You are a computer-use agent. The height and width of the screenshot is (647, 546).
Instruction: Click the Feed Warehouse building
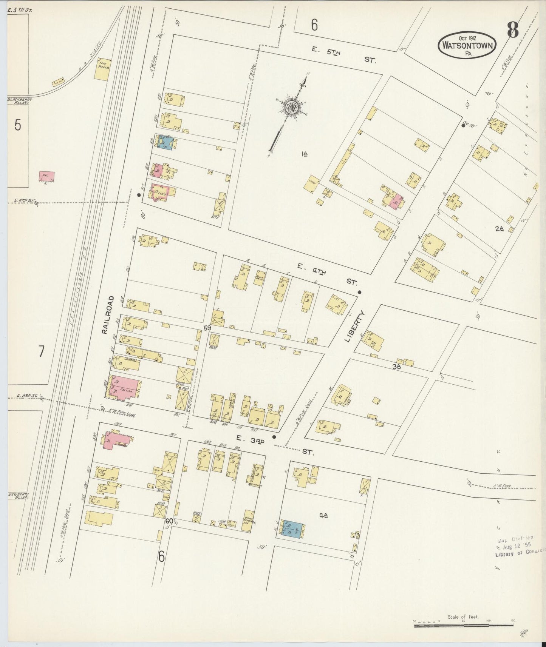click(x=102, y=69)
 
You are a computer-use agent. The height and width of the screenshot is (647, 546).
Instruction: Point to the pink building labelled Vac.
click(x=47, y=176)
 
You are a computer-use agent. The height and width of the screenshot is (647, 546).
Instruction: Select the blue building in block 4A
click(x=291, y=530)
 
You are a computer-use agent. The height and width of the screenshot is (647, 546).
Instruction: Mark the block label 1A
click(x=305, y=154)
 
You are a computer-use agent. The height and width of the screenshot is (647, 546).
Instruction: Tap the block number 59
click(x=207, y=328)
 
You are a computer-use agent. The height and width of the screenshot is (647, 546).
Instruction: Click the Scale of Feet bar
click(x=465, y=625)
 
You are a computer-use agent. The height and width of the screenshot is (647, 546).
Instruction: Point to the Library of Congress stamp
click(x=520, y=545)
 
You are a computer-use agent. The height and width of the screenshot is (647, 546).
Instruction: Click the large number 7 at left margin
click(x=41, y=351)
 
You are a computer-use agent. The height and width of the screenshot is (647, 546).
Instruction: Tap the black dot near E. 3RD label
click(x=274, y=437)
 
